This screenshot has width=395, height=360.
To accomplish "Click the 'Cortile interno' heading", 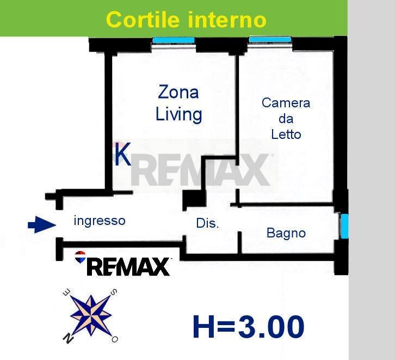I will [186, 20].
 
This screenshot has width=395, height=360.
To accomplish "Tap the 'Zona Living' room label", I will [178, 103].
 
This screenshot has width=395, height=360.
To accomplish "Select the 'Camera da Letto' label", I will [286, 118].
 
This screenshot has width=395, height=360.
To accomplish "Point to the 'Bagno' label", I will [286, 233].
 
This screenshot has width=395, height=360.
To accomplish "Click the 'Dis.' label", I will [207, 223].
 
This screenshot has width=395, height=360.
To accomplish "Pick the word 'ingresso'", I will [100, 221].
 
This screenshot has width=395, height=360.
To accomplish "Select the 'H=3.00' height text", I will [248, 327].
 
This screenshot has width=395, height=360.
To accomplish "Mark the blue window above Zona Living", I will [174, 40].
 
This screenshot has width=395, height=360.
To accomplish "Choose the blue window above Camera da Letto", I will [270, 39].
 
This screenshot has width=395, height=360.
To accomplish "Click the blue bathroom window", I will [344, 226].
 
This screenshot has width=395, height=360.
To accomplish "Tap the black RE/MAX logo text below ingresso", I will [128, 267].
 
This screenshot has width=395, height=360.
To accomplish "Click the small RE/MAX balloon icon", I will [80, 256].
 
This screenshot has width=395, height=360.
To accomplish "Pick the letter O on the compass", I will [115, 339].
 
